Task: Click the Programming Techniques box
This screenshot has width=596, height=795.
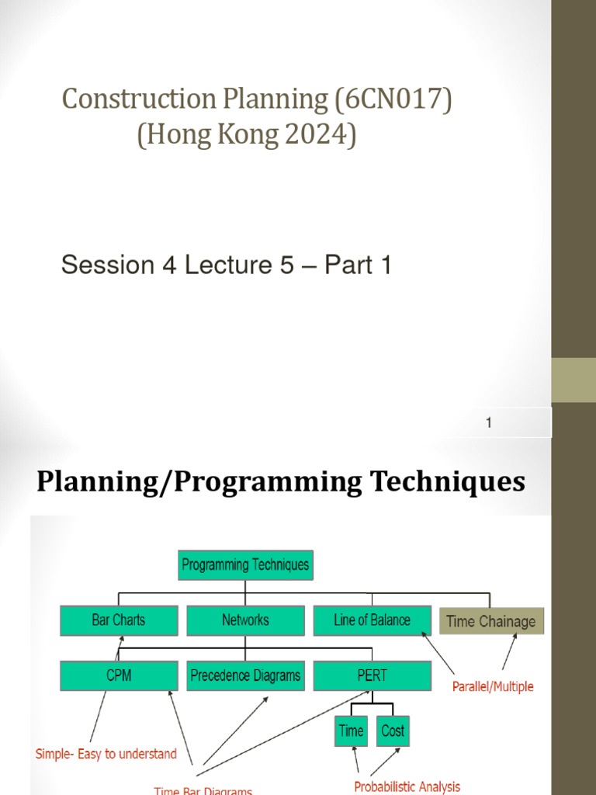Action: (x=244, y=565)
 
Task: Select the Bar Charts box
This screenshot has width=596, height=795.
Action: (x=118, y=620)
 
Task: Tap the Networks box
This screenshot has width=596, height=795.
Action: (x=245, y=620)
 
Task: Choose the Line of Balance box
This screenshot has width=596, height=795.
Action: (x=372, y=620)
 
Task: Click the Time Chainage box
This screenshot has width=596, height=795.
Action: (x=491, y=621)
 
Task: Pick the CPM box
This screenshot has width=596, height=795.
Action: (x=118, y=675)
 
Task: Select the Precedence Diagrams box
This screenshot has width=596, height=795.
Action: (x=245, y=675)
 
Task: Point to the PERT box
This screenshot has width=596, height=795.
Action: (x=372, y=675)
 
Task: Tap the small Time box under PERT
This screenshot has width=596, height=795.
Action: (x=351, y=731)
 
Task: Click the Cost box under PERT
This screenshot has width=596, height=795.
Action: (x=393, y=731)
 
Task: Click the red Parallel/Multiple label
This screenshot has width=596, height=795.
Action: (x=493, y=687)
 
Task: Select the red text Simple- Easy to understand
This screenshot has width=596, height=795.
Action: (x=106, y=754)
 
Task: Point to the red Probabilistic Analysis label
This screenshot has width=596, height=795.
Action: (x=407, y=786)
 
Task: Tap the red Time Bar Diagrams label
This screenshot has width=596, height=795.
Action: (x=203, y=790)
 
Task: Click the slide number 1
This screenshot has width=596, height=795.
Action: (x=489, y=423)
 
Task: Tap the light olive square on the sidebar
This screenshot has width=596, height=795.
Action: (x=573, y=380)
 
